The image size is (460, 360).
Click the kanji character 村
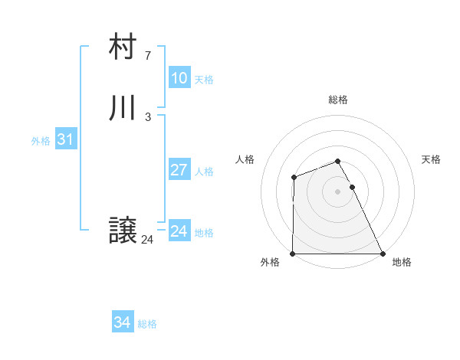[x=123, y=47]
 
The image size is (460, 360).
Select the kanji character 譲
[x=123, y=231]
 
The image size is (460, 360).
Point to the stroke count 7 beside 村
[x=147, y=55]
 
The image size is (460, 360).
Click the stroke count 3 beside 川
[x=147, y=116]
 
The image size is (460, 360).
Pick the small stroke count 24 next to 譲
[x=147, y=240]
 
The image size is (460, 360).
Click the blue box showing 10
[x=179, y=78]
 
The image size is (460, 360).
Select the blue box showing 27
[x=179, y=170]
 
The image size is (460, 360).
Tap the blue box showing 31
[x=65, y=139]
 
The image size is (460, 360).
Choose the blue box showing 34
[x=122, y=322]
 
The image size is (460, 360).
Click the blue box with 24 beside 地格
[x=179, y=231]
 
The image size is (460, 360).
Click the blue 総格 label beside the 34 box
[x=147, y=324]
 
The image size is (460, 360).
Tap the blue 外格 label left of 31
[x=41, y=141]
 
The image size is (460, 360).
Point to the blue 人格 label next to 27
[x=204, y=172]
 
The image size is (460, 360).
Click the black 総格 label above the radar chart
[x=338, y=100]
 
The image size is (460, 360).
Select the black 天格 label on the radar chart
[x=431, y=159]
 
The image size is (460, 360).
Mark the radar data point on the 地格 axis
[x=383, y=254]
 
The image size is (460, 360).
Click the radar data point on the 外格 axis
[x=293, y=254]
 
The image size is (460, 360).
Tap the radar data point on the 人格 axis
[x=294, y=178]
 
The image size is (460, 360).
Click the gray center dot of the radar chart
[x=337, y=191]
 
